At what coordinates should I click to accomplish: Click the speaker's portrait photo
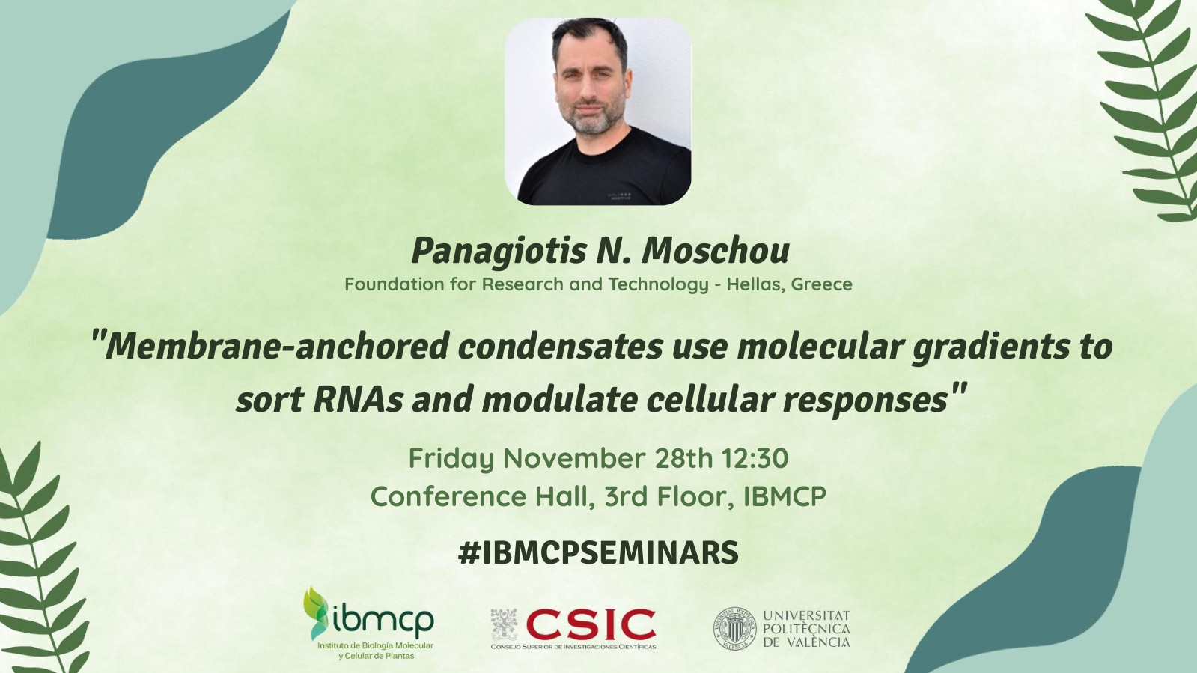[x=598, y=112]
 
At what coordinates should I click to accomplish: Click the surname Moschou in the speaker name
[x=716, y=251]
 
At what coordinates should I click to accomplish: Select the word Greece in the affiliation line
[x=821, y=284]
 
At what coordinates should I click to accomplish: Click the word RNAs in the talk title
[x=358, y=401]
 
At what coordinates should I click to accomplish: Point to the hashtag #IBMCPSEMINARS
[x=598, y=552]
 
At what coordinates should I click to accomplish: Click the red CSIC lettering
[x=591, y=624]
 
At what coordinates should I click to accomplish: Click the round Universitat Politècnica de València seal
[x=735, y=629]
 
